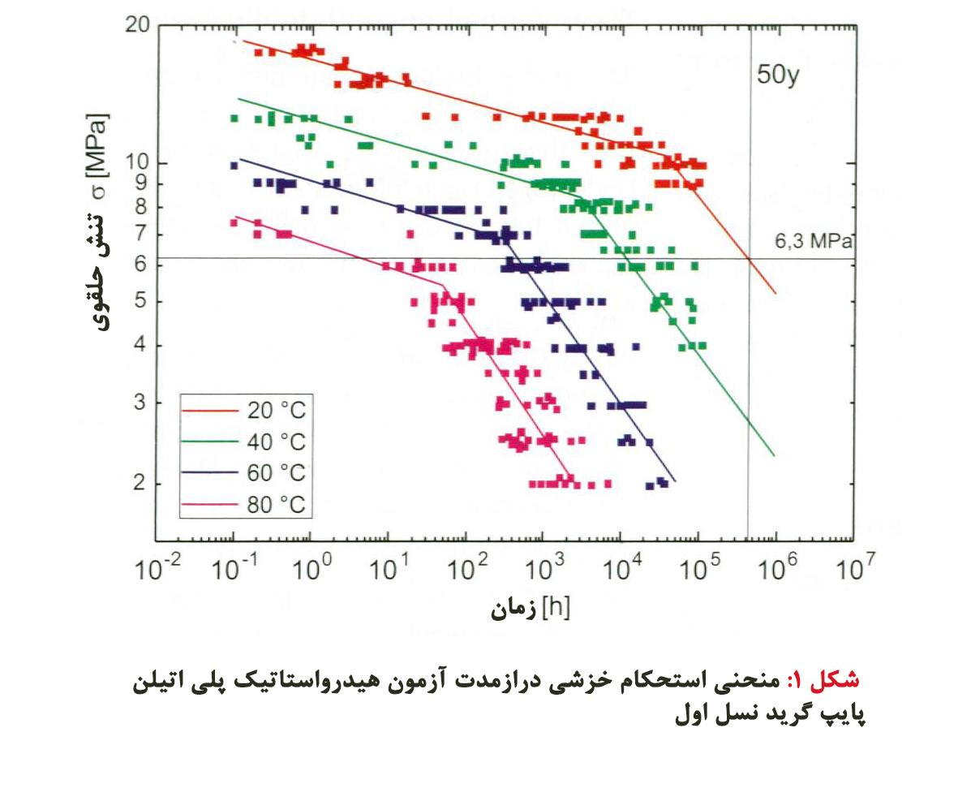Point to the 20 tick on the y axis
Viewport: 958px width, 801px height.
coord(138,25)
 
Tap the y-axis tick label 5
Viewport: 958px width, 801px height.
coord(141,302)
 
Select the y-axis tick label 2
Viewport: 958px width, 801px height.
coord(141,484)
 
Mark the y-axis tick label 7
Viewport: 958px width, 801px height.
coord(141,235)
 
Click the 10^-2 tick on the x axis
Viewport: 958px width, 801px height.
coord(154,570)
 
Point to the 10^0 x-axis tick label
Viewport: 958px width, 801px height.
coord(310,570)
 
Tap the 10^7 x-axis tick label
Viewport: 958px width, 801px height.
coord(852,570)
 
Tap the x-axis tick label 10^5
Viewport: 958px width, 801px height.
coord(698,570)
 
